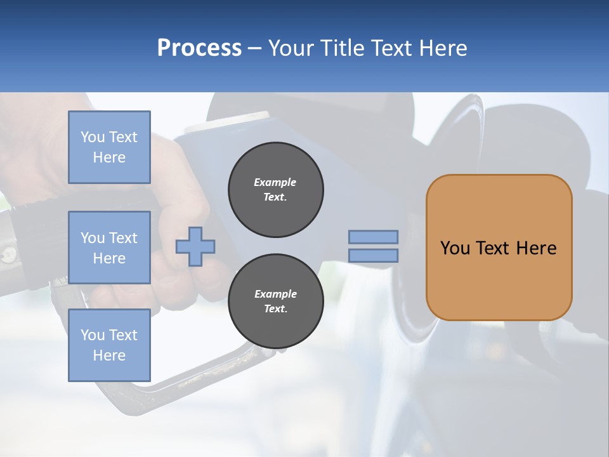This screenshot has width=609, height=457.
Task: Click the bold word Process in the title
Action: [199, 48]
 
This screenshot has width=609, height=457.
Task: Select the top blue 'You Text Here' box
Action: [109, 147]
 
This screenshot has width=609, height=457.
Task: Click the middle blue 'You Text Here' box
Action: [109, 248]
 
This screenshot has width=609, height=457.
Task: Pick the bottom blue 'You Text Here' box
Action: [109, 345]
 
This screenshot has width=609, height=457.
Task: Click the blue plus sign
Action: [195, 246]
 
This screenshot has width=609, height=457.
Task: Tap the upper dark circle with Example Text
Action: [275, 190]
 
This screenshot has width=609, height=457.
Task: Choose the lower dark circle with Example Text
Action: [275, 301]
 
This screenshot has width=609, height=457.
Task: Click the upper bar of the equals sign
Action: [373, 237]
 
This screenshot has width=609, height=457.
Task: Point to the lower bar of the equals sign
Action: [373, 256]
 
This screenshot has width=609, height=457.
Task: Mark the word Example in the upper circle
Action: [275, 182]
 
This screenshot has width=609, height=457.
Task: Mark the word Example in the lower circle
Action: [275, 294]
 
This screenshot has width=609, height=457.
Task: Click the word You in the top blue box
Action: [93, 137]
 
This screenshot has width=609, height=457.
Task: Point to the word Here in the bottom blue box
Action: [109, 355]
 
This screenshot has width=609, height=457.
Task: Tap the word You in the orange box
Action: [455, 248]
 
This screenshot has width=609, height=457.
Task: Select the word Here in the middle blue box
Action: [109, 258]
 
